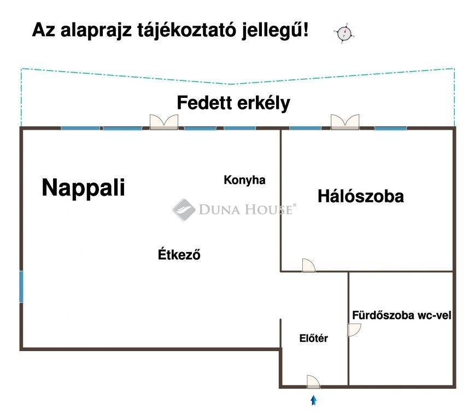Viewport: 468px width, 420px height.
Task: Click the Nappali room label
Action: (83, 188)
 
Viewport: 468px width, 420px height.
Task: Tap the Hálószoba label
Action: (360, 196)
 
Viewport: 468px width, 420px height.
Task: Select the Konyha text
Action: (244, 180)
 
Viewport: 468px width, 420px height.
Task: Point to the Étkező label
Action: (179, 254)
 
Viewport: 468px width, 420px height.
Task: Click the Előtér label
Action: (313, 338)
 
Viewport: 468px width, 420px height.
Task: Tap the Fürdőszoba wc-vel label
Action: (401, 315)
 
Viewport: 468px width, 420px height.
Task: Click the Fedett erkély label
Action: (233, 103)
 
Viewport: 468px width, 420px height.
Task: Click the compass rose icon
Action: (344, 33)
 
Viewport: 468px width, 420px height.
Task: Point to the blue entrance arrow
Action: (313, 400)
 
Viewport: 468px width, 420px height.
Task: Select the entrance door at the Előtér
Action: (313, 382)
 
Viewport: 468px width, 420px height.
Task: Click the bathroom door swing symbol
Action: (354, 330)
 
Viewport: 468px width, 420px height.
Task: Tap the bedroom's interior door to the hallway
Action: (308, 265)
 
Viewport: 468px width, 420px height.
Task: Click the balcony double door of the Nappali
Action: (164, 122)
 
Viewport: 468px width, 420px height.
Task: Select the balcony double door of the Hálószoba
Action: (345, 122)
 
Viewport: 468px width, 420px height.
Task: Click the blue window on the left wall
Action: (21, 287)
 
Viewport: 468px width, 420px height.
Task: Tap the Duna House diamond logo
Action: (184, 210)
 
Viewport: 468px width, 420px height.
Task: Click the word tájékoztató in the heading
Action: (187, 31)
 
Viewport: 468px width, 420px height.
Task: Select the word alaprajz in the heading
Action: (96, 31)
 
